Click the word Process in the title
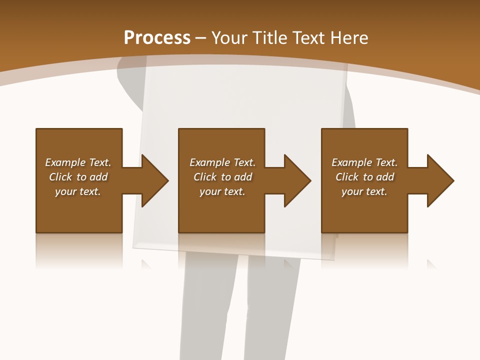pyautogui.click(x=157, y=38)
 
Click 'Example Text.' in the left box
pyautogui.click(x=78, y=162)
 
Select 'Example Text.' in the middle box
pyautogui.click(x=222, y=162)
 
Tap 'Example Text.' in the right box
pyautogui.click(x=364, y=162)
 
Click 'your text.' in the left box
pyautogui.click(x=78, y=191)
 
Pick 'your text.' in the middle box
pyautogui.click(x=222, y=191)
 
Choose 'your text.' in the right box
pyautogui.click(x=364, y=191)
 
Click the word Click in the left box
pyautogui.click(x=60, y=177)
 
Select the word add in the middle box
pyautogui.click(x=243, y=177)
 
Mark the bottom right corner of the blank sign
pyautogui.click(x=334, y=259)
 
